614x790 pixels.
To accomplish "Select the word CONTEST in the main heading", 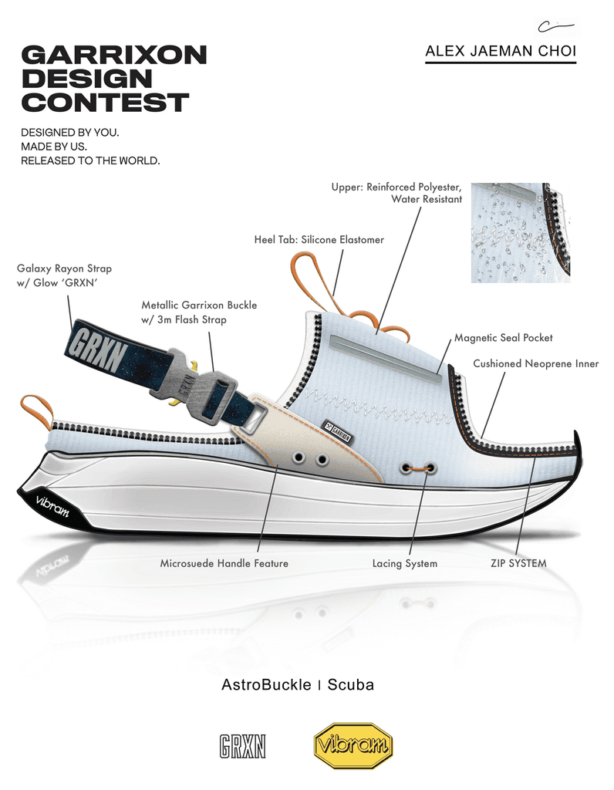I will (x=105, y=102).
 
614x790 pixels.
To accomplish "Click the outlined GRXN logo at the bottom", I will (x=242, y=746).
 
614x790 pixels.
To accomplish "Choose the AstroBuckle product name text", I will (x=266, y=685).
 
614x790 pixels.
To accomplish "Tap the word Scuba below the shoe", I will (x=350, y=685).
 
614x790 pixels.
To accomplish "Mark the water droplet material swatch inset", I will (x=520, y=232).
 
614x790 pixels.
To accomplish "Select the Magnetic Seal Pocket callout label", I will (x=503, y=338).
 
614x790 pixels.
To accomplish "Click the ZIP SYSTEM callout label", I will (x=518, y=563).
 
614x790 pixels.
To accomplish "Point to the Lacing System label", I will (x=404, y=564).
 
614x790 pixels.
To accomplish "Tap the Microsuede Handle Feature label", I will (x=224, y=564).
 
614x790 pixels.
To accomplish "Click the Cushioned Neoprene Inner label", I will (x=535, y=363).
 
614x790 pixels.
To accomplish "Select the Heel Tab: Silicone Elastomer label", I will (x=319, y=240).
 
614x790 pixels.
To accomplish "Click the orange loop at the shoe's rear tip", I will (x=36, y=410).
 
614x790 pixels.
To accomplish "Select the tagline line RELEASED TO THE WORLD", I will (x=90, y=160).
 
